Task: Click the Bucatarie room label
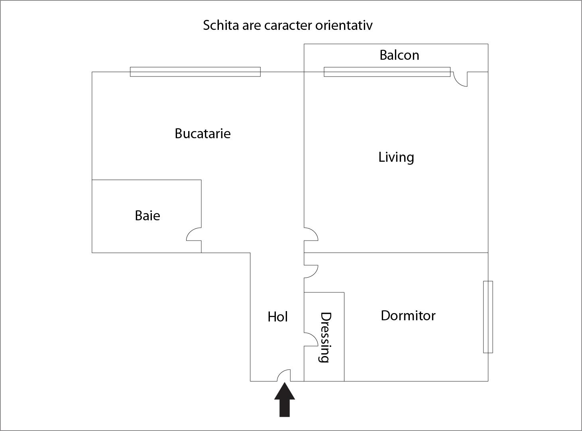pos(203,133)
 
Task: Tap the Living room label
pos(396,157)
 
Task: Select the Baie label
pos(147,215)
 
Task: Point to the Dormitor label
pos(408,315)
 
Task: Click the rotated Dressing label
pos(325,337)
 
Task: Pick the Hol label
pos(277,317)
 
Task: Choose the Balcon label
pos(399,55)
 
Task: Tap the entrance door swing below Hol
pos(284,376)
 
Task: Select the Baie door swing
pos(194,234)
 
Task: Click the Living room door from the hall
pos(311,234)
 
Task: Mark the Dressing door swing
pos(311,339)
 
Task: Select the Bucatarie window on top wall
pos(195,72)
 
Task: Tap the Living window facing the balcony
pos(387,72)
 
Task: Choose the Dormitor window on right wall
pos(488,317)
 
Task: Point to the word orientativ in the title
pos(344,25)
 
